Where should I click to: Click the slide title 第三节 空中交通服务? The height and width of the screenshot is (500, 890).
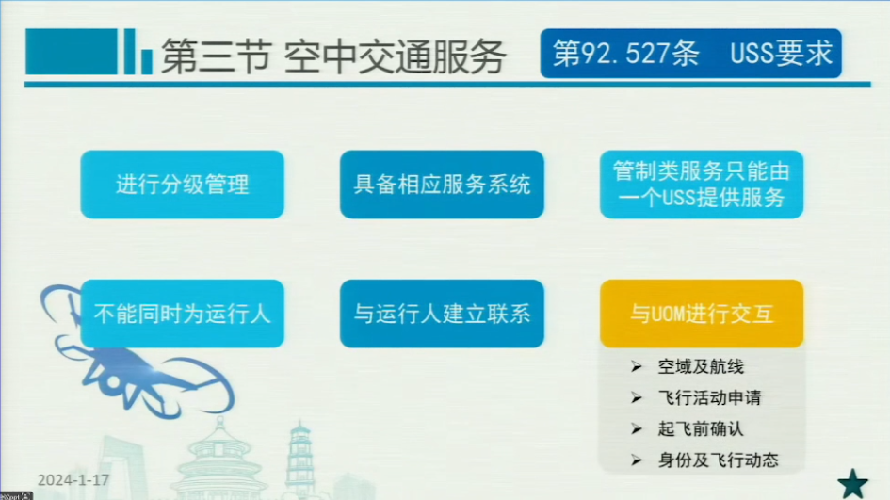(333, 56)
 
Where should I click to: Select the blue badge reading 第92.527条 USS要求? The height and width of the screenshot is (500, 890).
(690, 54)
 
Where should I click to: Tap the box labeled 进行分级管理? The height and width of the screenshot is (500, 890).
(182, 185)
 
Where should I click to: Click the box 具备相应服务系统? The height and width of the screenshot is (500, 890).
(442, 185)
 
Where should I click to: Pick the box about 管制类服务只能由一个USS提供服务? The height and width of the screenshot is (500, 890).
(702, 185)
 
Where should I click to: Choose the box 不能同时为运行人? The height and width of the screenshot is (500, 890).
(182, 314)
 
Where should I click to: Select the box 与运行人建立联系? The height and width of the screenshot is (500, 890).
(442, 314)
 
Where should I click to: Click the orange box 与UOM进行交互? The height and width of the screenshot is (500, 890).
(702, 314)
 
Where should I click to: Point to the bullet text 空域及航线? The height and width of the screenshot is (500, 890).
(701, 367)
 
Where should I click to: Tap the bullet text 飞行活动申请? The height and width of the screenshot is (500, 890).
(709, 398)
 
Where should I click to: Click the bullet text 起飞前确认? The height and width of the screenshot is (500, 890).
(701, 429)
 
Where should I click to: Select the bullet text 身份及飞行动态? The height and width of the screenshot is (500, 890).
(718, 460)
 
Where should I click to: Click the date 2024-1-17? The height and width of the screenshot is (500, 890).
(73, 480)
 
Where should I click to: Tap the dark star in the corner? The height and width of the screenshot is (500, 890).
(852, 484)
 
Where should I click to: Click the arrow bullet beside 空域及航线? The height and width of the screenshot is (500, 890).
(637, 367)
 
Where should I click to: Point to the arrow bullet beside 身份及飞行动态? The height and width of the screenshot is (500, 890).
(637, 460)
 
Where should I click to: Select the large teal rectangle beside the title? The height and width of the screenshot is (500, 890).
(72, 52)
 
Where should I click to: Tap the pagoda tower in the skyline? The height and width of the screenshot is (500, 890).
(299, 460)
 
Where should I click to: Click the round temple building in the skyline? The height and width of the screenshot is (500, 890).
(219, 462)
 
